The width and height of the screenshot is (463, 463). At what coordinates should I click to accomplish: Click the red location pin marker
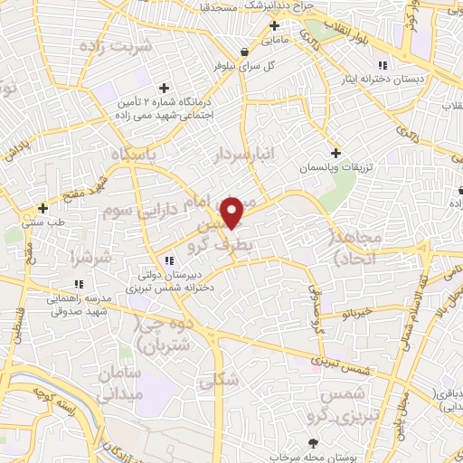click(x=232, y=212)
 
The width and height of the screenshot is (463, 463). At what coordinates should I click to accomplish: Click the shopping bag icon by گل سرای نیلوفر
click(x=246, y=52)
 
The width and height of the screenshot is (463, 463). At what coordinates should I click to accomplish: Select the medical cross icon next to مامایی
click(x=274, y=24)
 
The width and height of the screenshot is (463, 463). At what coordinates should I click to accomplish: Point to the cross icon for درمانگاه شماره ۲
click(x=164, y=88)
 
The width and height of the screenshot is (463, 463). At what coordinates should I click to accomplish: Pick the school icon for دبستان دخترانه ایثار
click(x=383, y=64)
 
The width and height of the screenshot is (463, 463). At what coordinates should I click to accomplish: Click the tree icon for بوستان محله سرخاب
click(x=313, y=442)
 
